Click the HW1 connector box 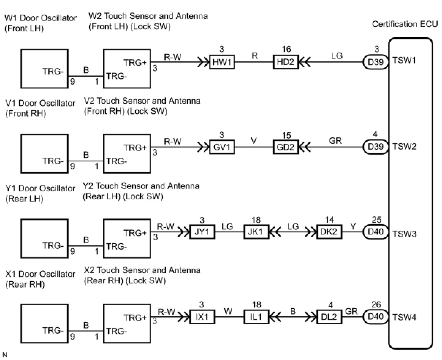pyautogui.click(x=221, y=62)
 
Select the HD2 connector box pyautogui.click(x=285, y=62)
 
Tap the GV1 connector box pyautogui.click(x=221, y=148)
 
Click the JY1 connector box pyautogui.click(x=202, y=233)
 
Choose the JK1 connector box pyautogui.click(x=256, y=233)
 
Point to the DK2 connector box pyautogui.click(x=329, y=233)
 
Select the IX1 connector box pyautogui.click(x=202, y=317)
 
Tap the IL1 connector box pyautogui.click(x=256, y=317)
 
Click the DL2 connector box pyautogui.click(x=329, y=317)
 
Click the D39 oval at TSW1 pyautogui.click(x=376, y=62)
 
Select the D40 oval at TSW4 pyautogui.click(x=376, y=317)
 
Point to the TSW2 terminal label pyautogui.click(x=404, y=146)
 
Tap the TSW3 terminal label pyautogui.click(x=404, y=233)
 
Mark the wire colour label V pyautogui.click(x=254, y=141)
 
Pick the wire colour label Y pyautogui.click(x=353, y=226)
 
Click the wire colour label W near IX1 pyautogui.click(x=228, y=311)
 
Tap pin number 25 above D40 pyautogui.click(x=376, y=220)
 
